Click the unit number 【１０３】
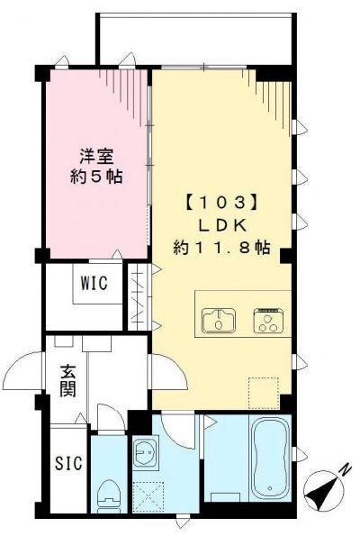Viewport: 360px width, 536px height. [221, 201]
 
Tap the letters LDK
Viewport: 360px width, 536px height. [221, 223]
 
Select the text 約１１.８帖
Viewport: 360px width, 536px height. [221, 247]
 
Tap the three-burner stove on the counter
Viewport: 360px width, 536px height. [268, 320]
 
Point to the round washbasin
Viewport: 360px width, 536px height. [144, 455]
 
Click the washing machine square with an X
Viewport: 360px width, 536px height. [145, 496]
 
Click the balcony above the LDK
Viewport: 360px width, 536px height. [193, 40]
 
